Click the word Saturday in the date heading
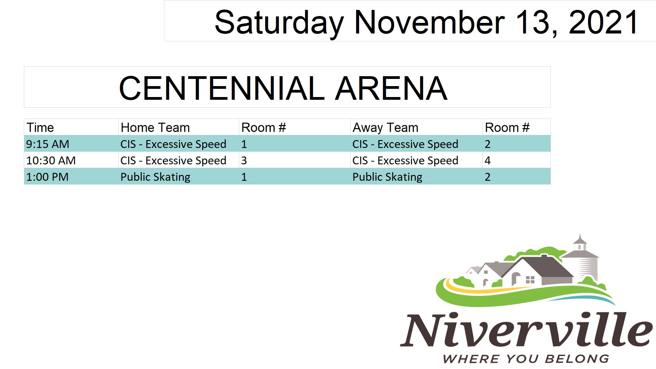(279, 23)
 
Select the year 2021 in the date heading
(603, 22)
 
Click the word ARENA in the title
(391, 88)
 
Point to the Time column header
(40, 127)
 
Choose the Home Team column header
(155, 127)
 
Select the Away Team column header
(385, 128)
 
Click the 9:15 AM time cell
(47, 144)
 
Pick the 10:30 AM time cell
(51, 160)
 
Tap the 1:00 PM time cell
(47, 177)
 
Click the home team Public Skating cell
(155, 177)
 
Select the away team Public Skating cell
(387, 177)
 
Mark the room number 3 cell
(244, 160)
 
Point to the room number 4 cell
(488, 160)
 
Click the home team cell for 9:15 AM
(173, 144)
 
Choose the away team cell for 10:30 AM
(405, 161)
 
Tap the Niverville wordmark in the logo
(527, 329)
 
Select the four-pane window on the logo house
(530, 280)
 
